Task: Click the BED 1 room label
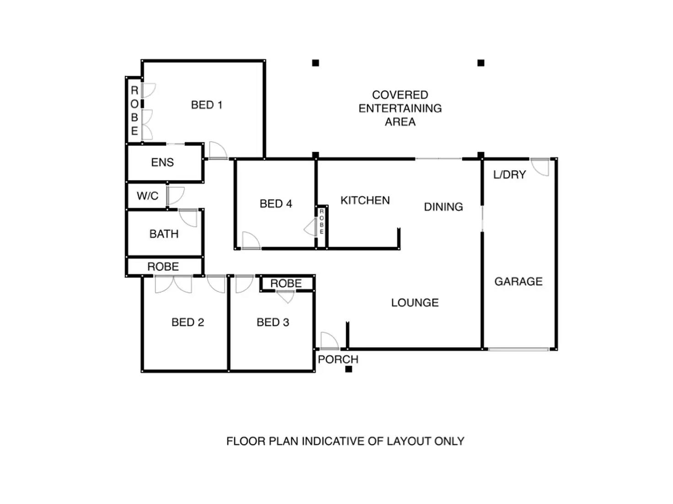click(x=206, y=105)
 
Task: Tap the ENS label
click(x=162, y=162)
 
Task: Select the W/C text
click(x=148, y=196)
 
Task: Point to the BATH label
click(x=164, y=234)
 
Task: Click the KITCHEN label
click(x=365, y=201)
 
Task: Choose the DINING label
click(x=443, y=207)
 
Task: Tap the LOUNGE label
click(x=415, y=302)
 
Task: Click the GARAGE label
click(x=518, y=281)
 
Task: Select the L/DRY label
click(x=509, y=175)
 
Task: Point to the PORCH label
click(x=338, y=360)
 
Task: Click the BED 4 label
click(x=276, y=204)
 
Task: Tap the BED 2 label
click(x=187, y=322)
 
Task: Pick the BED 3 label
click(x=272, y=322)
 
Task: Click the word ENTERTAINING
click(x=400, y=108)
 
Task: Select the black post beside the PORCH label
click(x=348, y=369)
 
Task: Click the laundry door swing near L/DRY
click(x=539, y=167)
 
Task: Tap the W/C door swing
click(x=176, y=196)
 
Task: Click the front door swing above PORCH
click(x=329, y=341)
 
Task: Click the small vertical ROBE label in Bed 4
click(x=321, y=221)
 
